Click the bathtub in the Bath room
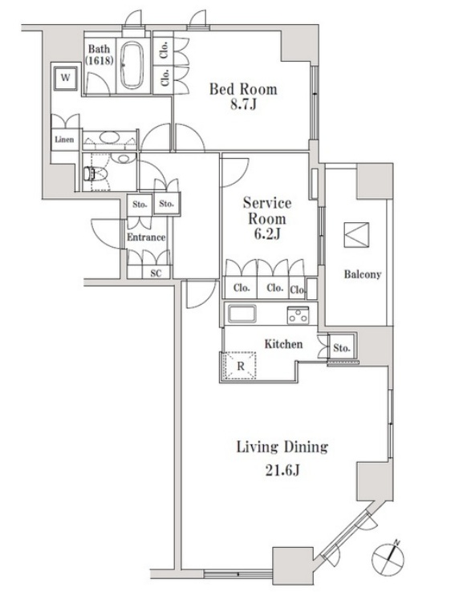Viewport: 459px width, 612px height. [x=132, y=65]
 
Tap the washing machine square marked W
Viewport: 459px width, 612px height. [x=65, y=78]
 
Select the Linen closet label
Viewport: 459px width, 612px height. [x=64, y=139]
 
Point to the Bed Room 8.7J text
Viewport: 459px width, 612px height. [x=243, y=96]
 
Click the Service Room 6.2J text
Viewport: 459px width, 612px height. [x=267, y=218]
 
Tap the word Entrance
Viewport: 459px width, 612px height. [x=146, y=237]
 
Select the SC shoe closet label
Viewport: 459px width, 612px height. [x=156, y=274]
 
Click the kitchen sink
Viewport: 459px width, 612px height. [x=242, y=314]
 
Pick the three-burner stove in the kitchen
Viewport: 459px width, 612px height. [x=298, y=315]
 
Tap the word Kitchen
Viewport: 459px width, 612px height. [x=283, y=344]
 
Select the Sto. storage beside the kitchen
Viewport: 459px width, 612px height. [x=341, y=347]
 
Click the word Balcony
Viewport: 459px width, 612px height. [x=362, y=274]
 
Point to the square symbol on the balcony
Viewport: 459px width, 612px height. [x=356, y=234]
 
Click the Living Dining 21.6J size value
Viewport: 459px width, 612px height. [x=282, y=471]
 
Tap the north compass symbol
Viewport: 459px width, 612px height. [x=388, y=556]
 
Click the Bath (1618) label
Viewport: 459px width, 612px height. [x=100, y=55]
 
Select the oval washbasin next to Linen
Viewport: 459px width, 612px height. [x=110, y=138]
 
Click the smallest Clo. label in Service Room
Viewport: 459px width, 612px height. [x=297, y=290]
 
